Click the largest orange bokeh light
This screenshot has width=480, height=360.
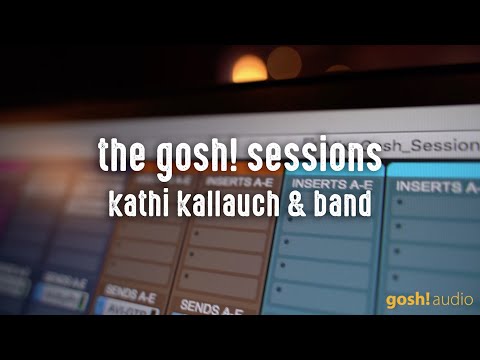(249, 69)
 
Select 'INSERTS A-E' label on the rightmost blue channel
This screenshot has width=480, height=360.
(438, 185)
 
